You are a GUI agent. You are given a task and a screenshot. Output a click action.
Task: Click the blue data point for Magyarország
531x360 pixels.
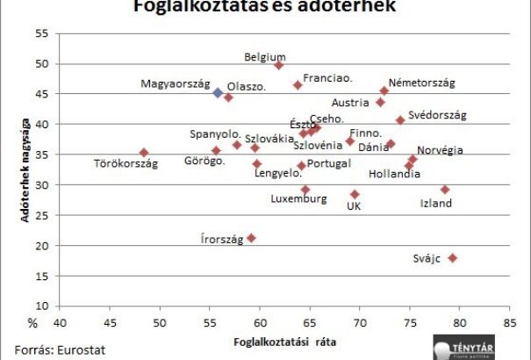218,92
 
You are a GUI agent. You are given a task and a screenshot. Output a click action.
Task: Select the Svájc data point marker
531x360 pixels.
453,258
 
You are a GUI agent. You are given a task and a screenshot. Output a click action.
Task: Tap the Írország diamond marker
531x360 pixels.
251,238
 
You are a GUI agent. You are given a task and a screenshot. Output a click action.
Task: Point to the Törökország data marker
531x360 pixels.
144,153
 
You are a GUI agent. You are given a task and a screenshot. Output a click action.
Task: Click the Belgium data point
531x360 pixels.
279,65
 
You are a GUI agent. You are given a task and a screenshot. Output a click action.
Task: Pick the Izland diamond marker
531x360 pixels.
445,190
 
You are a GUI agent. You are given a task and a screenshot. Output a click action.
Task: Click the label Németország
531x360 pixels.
421,83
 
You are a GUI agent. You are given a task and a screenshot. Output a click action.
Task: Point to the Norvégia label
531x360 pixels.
440,150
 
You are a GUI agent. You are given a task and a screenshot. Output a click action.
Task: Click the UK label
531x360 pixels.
354,206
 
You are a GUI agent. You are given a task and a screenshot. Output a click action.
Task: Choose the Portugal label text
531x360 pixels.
330,163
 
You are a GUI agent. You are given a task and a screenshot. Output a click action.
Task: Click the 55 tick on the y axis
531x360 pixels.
41,33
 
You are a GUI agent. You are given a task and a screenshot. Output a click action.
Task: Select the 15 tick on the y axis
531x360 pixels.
41,276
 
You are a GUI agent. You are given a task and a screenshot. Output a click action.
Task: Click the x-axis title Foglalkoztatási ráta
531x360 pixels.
284,340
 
